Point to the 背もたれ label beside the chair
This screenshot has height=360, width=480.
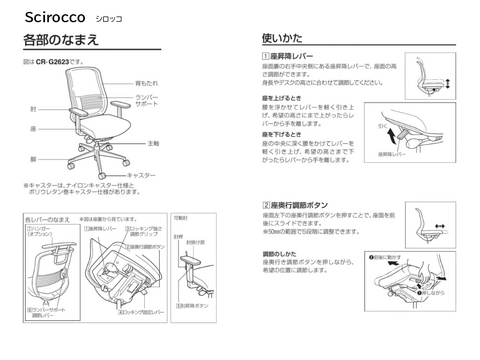147,84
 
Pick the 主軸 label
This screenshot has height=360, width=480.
153,144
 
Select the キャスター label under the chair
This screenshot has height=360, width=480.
143,175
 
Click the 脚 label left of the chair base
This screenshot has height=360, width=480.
34,158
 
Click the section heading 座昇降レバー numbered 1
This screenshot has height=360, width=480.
299,59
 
